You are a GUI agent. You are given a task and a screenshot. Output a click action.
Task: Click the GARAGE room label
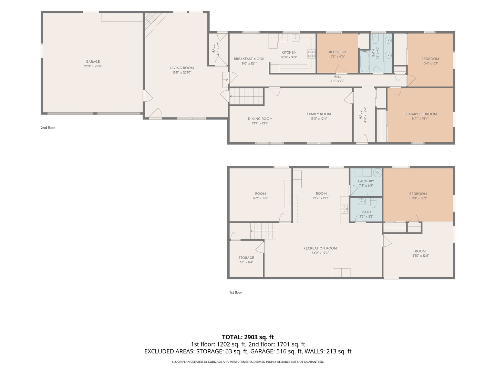(93, 61)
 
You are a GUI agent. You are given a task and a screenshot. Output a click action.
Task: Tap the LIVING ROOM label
(182, 68)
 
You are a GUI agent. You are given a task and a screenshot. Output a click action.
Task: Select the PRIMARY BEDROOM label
(420, 114)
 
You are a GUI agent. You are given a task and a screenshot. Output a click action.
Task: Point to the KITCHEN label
(289, 52)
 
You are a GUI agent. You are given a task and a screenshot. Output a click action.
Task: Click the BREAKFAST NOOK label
(249, 59)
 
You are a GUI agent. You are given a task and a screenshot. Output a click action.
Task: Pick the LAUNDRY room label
(366, 181)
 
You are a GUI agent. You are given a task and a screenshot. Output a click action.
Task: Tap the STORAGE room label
(246, 258)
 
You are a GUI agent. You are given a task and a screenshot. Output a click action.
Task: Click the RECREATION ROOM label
(320, 248)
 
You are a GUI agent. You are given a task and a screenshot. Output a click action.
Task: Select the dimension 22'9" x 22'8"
(93, 66)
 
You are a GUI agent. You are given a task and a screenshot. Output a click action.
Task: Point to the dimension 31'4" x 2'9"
(338, 81)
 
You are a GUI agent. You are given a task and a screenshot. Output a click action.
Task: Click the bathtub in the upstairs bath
(364, 61)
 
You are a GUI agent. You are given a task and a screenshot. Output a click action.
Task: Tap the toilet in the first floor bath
(373, 203)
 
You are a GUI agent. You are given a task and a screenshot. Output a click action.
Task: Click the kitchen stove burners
(311, 54)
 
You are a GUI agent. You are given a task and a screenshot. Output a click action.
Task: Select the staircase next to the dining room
(247, 96)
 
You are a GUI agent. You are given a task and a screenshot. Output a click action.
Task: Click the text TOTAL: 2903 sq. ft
(248, 337)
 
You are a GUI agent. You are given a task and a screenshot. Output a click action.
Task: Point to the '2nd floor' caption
(48, 127)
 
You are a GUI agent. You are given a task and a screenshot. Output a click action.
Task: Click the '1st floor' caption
(236, 292)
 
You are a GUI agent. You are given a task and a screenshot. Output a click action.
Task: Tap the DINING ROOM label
(260, 118)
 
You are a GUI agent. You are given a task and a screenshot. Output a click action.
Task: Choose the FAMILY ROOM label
(319, 114)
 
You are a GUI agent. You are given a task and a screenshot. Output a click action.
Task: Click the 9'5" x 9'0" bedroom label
(337, 57)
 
